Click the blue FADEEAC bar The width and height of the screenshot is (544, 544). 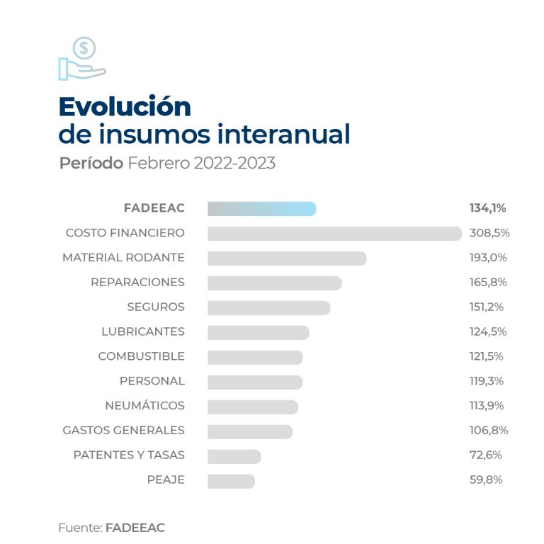click(x=261, y=208)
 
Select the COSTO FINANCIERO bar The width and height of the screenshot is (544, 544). click(x=334, y=233)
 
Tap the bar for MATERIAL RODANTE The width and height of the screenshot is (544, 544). click(x=287, y=258)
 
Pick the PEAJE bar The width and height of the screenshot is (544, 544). click(x=231, y=480)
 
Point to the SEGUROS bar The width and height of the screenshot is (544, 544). click(x=268, y=307)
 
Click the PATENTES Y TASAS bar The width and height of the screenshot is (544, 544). click(x=234, y=455)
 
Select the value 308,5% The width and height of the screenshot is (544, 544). click(x=489, y=233)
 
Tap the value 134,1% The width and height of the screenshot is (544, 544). click(x=487, y=208)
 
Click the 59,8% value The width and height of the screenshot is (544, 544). click(x=485, y=480)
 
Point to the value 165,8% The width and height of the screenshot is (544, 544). click(x=488, y=283)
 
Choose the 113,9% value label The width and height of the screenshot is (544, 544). click(x=488, y=406)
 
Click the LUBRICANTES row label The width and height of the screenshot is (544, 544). click(x=142, y=331)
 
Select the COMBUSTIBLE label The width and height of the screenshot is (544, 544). click(x=141, y=356)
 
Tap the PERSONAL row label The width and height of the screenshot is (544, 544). click(x=152, y=381)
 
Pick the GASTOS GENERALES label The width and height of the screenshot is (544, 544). click(x=123, y=431)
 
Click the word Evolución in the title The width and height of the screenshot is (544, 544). click(x=125, y=106)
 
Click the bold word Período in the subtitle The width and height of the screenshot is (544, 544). click(x=90, y=163)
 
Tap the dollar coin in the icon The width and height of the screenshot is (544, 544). click(x=84, y=48)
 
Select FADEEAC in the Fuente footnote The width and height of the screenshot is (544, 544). click(x=135, y=528)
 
